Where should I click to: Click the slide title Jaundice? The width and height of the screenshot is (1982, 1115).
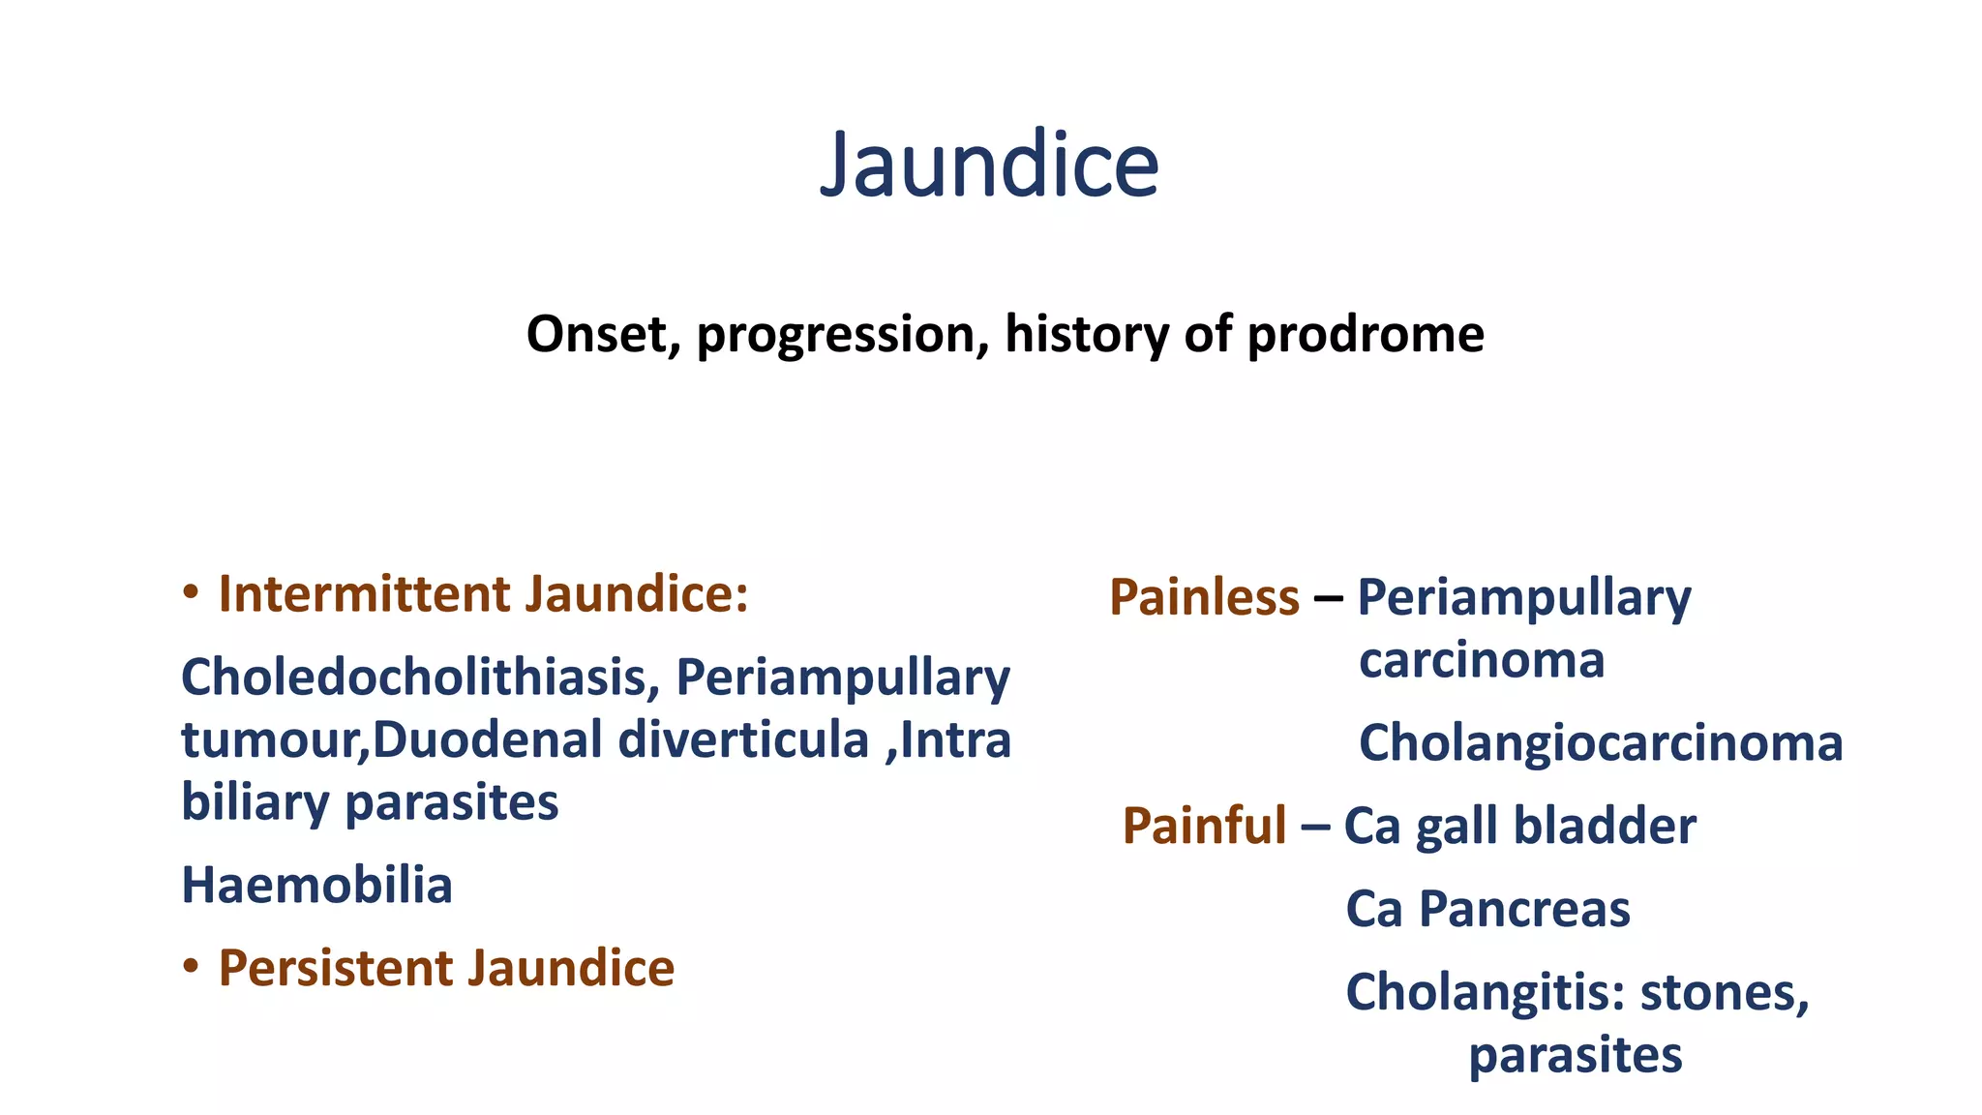click(x=989, y=165)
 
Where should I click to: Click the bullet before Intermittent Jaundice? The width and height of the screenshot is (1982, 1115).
click(x=191, y=592)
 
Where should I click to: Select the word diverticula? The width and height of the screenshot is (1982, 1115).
click(x=743, y=740)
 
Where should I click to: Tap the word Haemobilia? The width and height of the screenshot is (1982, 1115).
click(x=316, y=886)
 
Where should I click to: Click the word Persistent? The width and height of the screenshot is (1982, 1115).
click(x=335, y=969)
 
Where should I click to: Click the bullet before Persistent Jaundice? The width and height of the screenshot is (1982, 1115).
click(x=191, y=967)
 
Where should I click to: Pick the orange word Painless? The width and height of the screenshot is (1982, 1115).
click(x=1204, y=597)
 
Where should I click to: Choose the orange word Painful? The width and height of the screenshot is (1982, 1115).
click(x=1204, y=827)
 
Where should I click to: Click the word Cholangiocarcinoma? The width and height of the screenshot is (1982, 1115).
click(x=1600, y=744)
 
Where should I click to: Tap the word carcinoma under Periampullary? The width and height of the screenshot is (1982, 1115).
click(x=1481, y=661)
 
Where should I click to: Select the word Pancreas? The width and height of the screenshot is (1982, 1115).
click(x=1523, y=910)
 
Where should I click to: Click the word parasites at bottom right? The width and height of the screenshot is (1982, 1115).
click(x=1575, y=1056)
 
